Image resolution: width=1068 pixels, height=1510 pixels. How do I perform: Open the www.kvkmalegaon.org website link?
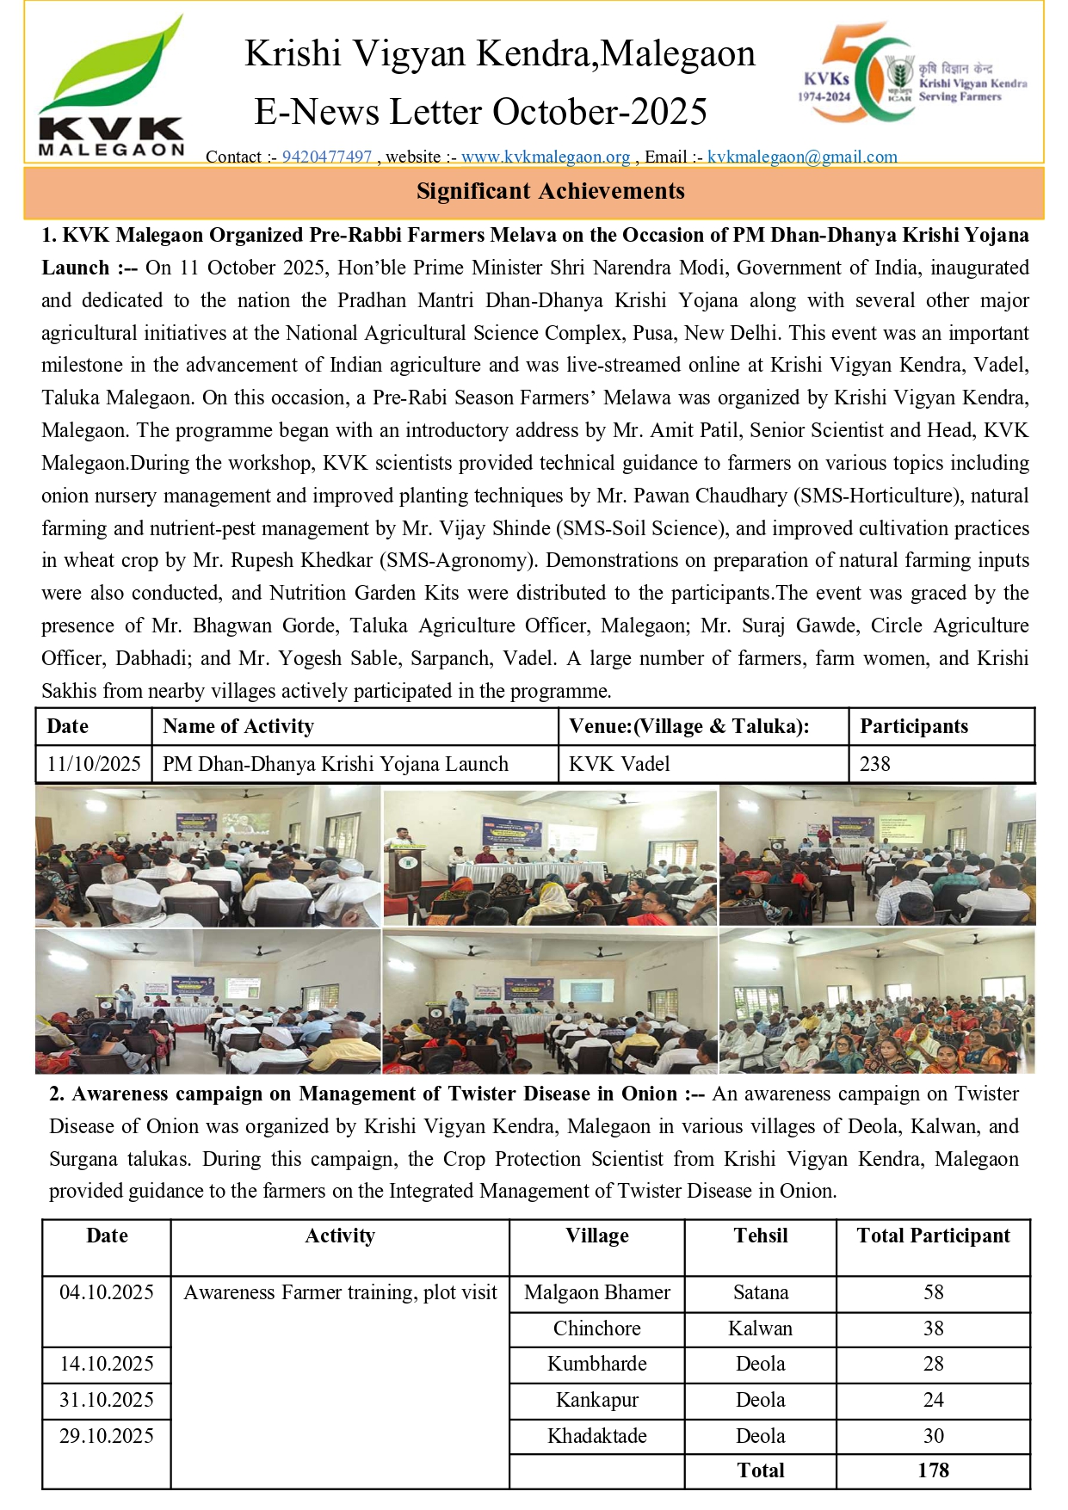tap(546, 157)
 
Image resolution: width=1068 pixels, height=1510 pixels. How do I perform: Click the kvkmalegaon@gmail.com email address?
tap(802, 157)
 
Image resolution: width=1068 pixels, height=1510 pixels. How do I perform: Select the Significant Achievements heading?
tap(551, 191)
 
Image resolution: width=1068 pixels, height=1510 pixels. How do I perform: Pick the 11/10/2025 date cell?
tap(94, 764)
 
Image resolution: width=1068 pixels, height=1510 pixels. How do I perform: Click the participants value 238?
tap(875, 764)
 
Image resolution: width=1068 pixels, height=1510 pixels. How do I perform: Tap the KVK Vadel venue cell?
tap(620, 764)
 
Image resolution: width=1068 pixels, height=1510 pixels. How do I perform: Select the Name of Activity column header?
tap(238, 726)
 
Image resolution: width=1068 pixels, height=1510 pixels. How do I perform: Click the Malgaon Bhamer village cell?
tap(597, 1292)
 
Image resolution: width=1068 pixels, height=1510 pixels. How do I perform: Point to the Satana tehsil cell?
tap(761, 1292)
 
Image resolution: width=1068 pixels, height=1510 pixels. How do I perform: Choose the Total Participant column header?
tap(933, 1236)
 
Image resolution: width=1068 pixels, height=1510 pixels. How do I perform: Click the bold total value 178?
tap(933, 1470)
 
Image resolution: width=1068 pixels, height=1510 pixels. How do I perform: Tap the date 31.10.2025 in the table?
tap(107, 1400)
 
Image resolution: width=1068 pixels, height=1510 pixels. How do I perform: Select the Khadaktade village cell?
tap(597, 1436)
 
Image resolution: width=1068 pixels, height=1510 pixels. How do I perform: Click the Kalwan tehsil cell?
tap(761, 1328)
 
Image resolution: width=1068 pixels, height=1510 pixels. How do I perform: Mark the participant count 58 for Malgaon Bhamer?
tap(933, 1292)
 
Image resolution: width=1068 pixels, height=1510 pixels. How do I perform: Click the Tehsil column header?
tap(761, 1236)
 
